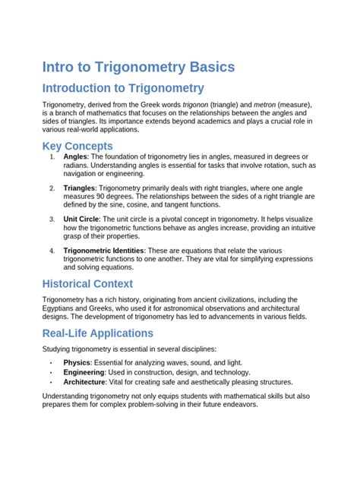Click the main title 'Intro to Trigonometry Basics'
coord(138,68)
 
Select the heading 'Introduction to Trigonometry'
coord(123,89)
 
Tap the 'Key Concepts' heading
coord(77,146)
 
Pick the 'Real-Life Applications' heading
coord(98,333)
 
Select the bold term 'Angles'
coord(76,156)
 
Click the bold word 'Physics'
coord(77,362)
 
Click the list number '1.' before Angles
coord(52,156)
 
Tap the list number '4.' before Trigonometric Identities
coord(52,250)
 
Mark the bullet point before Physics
coord(51,362)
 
